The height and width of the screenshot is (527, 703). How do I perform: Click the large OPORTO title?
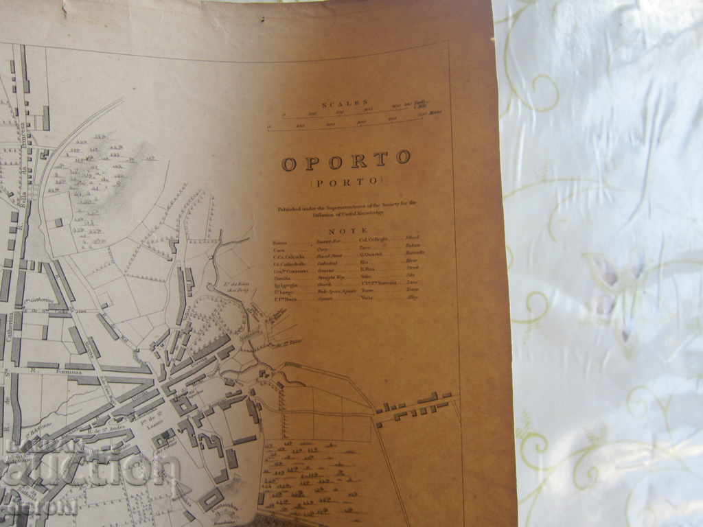click(346, 162)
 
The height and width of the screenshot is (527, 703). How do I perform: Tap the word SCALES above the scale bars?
click(349, 103)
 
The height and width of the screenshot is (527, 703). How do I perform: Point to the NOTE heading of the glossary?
click(348, 231)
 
